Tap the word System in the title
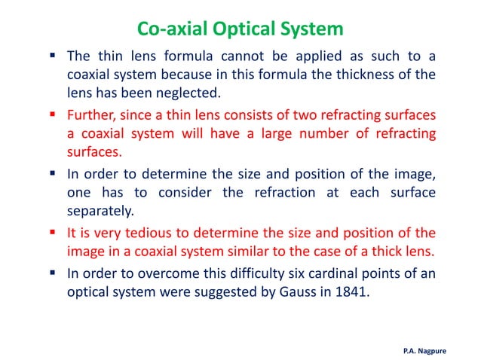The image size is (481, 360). tap(312, 29)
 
